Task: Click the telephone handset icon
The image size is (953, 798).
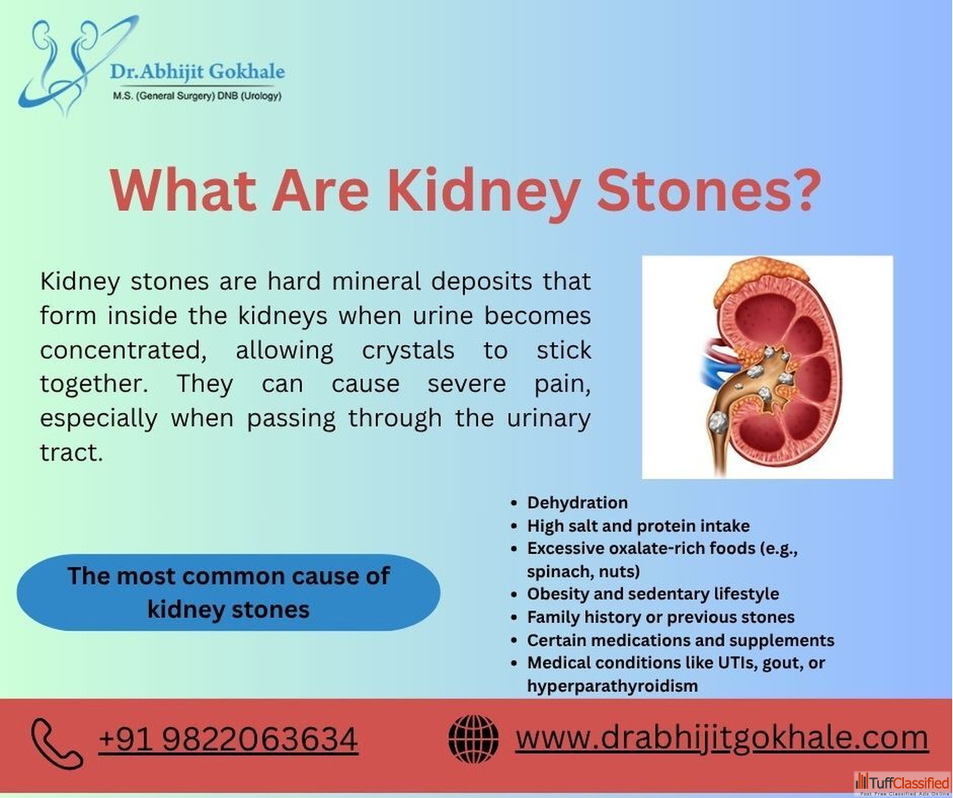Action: click(57, 743)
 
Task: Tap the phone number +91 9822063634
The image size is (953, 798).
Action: click(228, 739)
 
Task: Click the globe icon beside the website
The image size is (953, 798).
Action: click(473, 738)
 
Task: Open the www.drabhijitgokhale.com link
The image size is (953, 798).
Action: click(722, 737)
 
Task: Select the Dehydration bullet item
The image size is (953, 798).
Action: click(577, 503)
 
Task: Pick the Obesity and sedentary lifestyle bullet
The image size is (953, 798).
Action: click(653, 594)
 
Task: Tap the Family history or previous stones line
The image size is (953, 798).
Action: click(660, 617)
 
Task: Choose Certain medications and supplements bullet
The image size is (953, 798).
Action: click(680, 640)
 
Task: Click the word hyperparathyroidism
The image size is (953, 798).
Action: click(612, 687)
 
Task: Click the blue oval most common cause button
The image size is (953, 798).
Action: click(229, 592)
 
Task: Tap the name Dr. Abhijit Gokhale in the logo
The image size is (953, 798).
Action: click(197, 71)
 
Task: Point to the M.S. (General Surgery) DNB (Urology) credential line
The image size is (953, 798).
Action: click(197, 96)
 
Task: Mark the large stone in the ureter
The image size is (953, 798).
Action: click(718, 421)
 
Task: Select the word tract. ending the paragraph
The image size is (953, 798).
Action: click(72, 452)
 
